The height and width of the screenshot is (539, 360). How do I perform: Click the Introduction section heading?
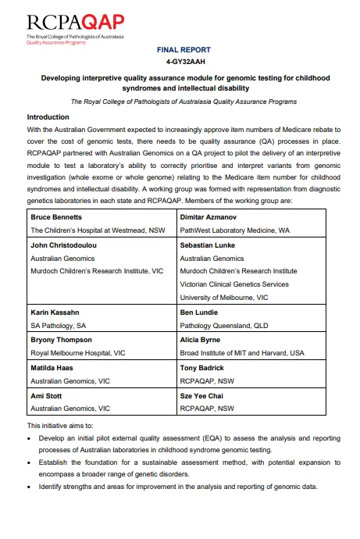pos(48,117)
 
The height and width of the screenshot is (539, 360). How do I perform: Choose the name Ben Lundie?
pos(201,312)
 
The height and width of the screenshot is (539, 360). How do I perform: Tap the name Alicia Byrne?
pos(203,340)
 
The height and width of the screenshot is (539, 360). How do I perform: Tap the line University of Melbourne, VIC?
pos(224,298)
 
